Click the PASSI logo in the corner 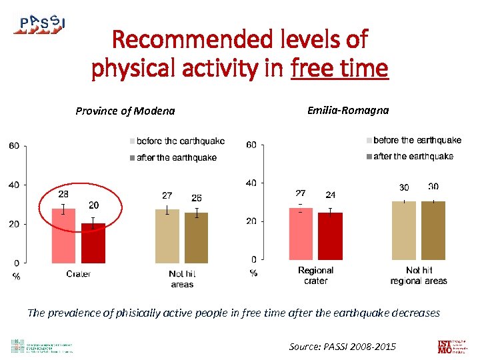coord(40,24)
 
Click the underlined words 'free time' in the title coord(339,68)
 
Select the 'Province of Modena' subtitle coord(125,111)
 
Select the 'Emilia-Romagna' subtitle coord(347,110)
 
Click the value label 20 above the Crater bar coord(93,205)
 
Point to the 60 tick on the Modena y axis coord(13,146)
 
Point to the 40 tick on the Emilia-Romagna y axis coord(252,183)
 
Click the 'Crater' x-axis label coord(79,274)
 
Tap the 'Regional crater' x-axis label coord(315,275)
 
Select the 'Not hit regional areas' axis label coord(419,275)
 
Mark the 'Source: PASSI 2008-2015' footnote coord(342,346)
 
